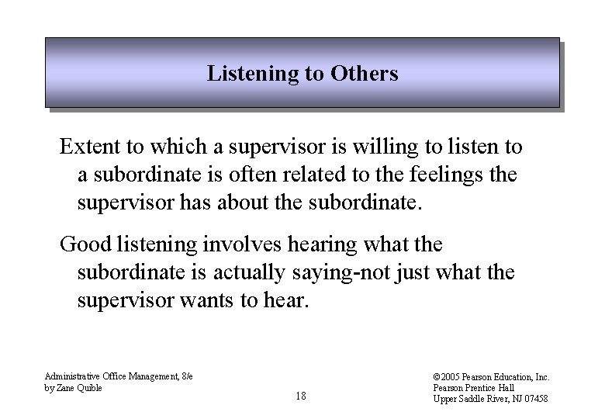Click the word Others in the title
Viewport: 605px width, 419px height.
coord(364,74)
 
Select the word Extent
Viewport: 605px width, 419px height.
coord(89,147)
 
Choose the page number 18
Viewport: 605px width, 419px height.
coord(301,396)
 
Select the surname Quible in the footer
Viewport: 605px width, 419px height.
coord(90,388)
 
